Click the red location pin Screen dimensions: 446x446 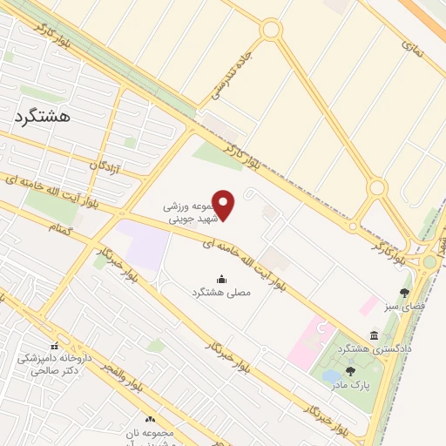(225, 205)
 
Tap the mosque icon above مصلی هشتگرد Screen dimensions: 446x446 (220, 280)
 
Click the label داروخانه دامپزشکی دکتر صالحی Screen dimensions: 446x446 (53, 364)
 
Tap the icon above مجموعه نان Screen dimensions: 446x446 (151, 420)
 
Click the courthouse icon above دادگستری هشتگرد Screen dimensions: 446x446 (374, 335)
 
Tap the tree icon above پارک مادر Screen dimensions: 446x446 (350, 370)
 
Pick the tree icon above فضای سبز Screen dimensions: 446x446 (403, 293)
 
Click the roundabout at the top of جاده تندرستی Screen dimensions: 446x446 (271, 30)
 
